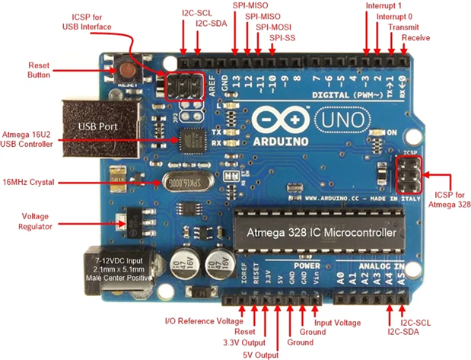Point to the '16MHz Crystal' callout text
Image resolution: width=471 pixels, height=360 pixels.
33,183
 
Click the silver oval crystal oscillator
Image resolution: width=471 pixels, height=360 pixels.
180,183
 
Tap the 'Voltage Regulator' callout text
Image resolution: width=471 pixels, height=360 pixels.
35,221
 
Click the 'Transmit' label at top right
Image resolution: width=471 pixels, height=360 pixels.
403,27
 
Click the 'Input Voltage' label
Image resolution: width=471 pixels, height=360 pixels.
337,323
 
